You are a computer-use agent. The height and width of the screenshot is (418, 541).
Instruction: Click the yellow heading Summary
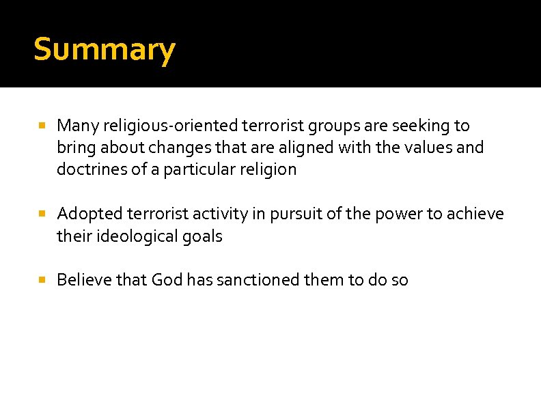[104, 50]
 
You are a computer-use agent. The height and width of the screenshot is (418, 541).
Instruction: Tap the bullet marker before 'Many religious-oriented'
[42, 126]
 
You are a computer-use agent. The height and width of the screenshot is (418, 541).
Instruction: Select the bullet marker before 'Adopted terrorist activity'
[42, 214]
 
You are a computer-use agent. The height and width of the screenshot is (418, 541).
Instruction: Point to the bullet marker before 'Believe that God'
[42, 280]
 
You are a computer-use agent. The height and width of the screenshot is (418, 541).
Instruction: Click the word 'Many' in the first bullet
[74, 126]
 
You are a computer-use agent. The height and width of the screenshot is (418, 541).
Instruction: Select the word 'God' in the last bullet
[166, 280]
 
